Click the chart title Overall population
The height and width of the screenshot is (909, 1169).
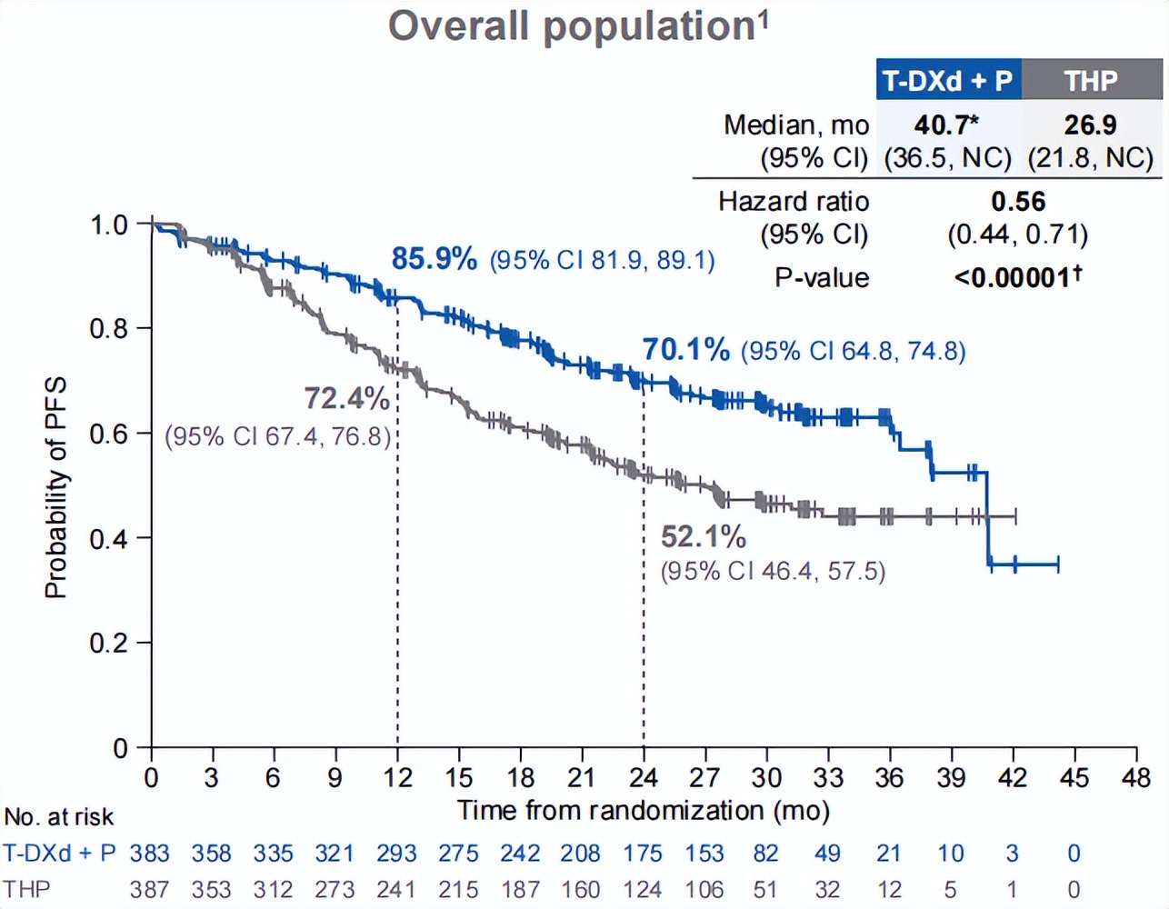(x=578, y=26)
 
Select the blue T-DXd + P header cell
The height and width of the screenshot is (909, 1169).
(x=947, y=81)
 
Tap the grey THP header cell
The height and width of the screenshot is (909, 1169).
(x=1091, y=81)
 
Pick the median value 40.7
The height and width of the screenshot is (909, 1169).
(x=945, y=125)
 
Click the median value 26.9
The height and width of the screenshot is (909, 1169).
(x=1090, y=125)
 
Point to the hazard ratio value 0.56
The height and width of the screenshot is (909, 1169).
(x=1018, y=202)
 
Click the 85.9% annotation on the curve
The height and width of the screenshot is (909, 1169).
(x=435, y=259)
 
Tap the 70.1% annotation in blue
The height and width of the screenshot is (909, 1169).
(x=686, y=349)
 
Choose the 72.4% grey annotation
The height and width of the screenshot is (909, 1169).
(x=346, y=398)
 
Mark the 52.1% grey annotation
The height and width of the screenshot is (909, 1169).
(x=703, y=537)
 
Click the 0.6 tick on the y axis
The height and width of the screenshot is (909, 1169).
(x=108, y=434)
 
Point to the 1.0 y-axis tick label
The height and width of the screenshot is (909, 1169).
(x=108, y=225)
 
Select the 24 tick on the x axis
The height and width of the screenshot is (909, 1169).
(x=643, y=778)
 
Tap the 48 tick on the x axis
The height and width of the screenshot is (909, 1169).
(x=1135, y=778)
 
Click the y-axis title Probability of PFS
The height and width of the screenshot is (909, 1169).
(x=55, y=488)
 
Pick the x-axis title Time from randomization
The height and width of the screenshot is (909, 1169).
(x=643, y=810)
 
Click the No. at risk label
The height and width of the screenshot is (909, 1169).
(x=59, y=817)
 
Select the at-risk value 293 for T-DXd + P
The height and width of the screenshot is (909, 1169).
(x=396, y=854)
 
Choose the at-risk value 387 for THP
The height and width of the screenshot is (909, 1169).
(x=149, y=889)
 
